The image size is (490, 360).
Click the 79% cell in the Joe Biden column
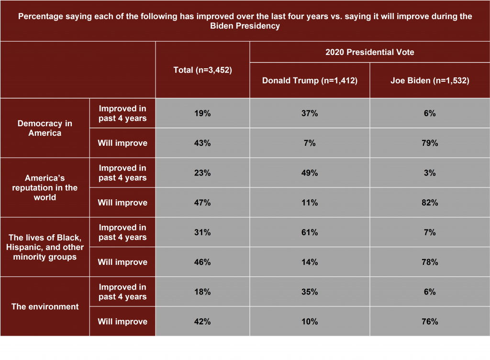tap(429, 143)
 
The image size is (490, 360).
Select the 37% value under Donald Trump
tap(310, 113)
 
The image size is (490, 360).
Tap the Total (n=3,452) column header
tap(202, 70)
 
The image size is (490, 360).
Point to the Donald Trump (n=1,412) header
tap(310, 80)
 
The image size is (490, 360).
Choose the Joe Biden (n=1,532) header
tap(429, 80)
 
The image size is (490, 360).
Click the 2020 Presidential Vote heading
tap(369, 52)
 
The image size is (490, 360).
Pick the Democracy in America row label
tap(45, 128)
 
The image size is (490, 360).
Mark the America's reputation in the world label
tap(45, 187)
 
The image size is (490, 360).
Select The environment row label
tap(45, 306)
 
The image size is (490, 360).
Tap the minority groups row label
tap(45, 247)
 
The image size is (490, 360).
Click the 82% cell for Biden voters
tap(429, 203)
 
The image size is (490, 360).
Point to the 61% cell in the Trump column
tap(310, 232)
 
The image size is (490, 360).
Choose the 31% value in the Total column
tap(202, 232)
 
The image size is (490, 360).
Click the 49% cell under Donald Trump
tap(310, 173)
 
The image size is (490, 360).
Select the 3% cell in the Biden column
tap(429, 173)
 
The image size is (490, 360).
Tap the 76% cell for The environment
tap(429, 321)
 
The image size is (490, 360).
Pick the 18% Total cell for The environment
tap(202, 292)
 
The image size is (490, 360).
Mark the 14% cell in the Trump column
tap(310, 262)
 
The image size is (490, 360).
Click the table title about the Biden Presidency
tap(245, 21)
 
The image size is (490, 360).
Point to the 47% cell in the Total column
tap(202, 203)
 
